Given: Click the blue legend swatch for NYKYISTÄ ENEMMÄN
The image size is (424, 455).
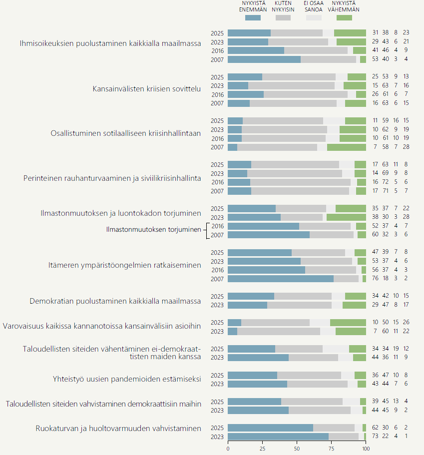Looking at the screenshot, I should point(253,18).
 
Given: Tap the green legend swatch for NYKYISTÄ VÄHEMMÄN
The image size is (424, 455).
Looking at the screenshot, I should point(344,18).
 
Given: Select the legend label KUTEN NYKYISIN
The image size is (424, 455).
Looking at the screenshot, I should point(283,6).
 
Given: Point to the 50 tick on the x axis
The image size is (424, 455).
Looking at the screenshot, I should point(297,449).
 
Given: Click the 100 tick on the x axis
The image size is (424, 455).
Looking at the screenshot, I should point(366,449).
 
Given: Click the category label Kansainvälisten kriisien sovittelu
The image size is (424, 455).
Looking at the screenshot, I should point(147,89).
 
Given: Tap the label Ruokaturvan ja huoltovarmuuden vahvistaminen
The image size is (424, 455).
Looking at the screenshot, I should point(118,428).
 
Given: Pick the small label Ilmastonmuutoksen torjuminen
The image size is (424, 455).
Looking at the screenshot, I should point(154,230).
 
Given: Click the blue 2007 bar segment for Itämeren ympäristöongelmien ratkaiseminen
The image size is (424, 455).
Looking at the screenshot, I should point(280,279).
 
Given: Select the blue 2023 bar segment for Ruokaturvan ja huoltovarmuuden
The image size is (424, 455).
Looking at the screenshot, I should point(278,437).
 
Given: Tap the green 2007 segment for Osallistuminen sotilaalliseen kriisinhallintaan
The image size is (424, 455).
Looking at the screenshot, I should point(347,147).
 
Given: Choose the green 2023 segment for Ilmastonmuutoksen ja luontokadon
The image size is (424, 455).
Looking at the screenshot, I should point(346,217).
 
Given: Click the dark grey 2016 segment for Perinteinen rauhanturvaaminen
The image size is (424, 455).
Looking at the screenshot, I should point(300,182).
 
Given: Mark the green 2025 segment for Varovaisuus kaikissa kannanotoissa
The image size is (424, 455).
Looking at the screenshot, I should point(348,323).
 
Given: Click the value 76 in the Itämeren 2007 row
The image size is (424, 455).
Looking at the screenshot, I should point(376,279).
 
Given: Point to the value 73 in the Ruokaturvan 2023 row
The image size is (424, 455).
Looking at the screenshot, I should point(376,437).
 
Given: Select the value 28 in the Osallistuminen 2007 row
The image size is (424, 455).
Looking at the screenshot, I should point(406,147).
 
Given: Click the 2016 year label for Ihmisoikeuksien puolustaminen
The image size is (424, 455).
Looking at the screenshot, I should point(217,51).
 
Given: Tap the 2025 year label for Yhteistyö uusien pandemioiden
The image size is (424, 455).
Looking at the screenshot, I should point(217,376).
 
